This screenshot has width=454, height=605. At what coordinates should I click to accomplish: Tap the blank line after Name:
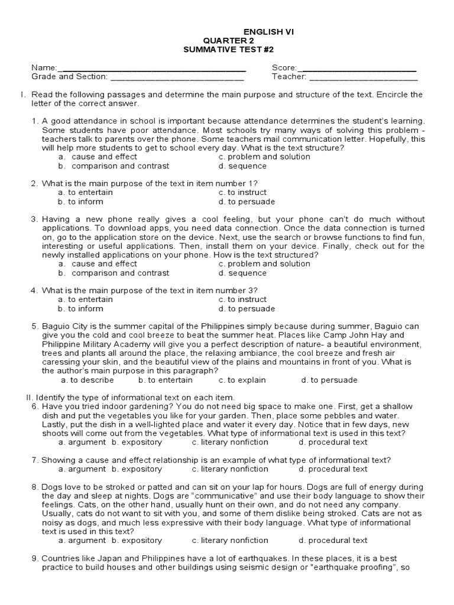tap(153, 69)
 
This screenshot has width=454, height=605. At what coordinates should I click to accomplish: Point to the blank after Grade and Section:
tap(177, 77)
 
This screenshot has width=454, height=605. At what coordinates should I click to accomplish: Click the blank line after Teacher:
tap(363, 77)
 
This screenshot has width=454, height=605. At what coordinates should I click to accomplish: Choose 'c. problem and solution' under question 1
tap(264, 157)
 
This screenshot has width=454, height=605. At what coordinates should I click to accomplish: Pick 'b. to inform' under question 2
tap(80, 202)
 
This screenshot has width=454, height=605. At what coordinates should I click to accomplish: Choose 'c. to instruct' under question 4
tap(242, 300)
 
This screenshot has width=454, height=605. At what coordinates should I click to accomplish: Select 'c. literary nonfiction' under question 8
tap(230, 541)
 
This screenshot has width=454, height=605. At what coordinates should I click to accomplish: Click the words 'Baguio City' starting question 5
tap(64, 326)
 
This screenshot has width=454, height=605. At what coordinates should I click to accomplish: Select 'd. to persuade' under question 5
tap(329, 380)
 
